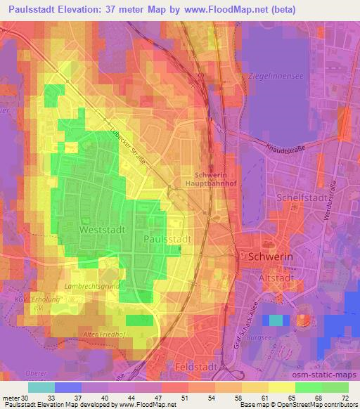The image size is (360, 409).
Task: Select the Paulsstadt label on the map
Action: pyautogui.click(x=167, y=240)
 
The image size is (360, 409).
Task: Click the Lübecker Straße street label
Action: pyautogui.click(x=130, y=145)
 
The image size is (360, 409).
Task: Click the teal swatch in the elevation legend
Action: pyautogui.click(x=41, y=387)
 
